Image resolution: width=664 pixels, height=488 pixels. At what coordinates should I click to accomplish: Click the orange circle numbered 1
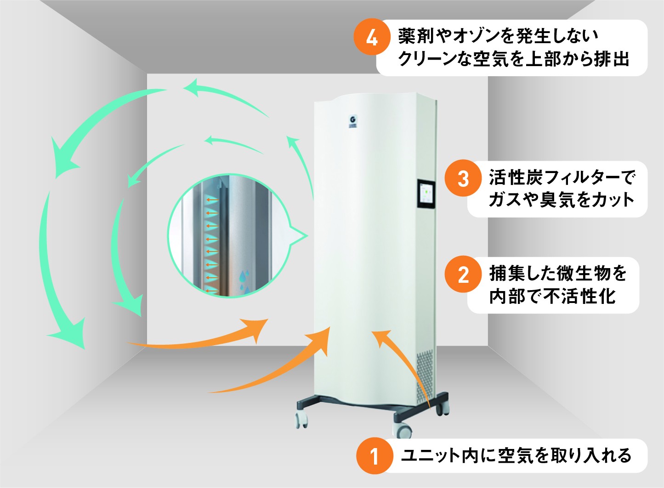375,456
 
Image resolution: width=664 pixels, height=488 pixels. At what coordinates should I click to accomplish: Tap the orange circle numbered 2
463,275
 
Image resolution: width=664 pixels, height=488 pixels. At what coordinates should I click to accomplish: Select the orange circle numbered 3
463,179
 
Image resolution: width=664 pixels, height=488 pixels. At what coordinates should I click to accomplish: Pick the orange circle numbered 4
371,37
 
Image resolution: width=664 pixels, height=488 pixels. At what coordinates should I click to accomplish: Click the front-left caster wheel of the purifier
301,420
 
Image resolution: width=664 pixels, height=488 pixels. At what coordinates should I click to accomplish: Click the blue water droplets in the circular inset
244,281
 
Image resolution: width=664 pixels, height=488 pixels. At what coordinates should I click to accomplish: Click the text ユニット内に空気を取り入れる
516,455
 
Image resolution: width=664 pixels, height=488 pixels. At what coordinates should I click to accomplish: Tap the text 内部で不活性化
552,296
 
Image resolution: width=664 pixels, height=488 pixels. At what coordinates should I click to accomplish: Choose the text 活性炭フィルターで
562,177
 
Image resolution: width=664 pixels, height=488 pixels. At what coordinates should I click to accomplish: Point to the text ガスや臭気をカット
561,200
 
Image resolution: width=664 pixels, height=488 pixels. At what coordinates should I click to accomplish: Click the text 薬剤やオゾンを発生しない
498,36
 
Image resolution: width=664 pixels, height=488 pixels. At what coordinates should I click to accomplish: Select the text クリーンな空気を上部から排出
513,59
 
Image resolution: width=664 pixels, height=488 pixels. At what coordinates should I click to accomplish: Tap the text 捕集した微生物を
558,273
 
